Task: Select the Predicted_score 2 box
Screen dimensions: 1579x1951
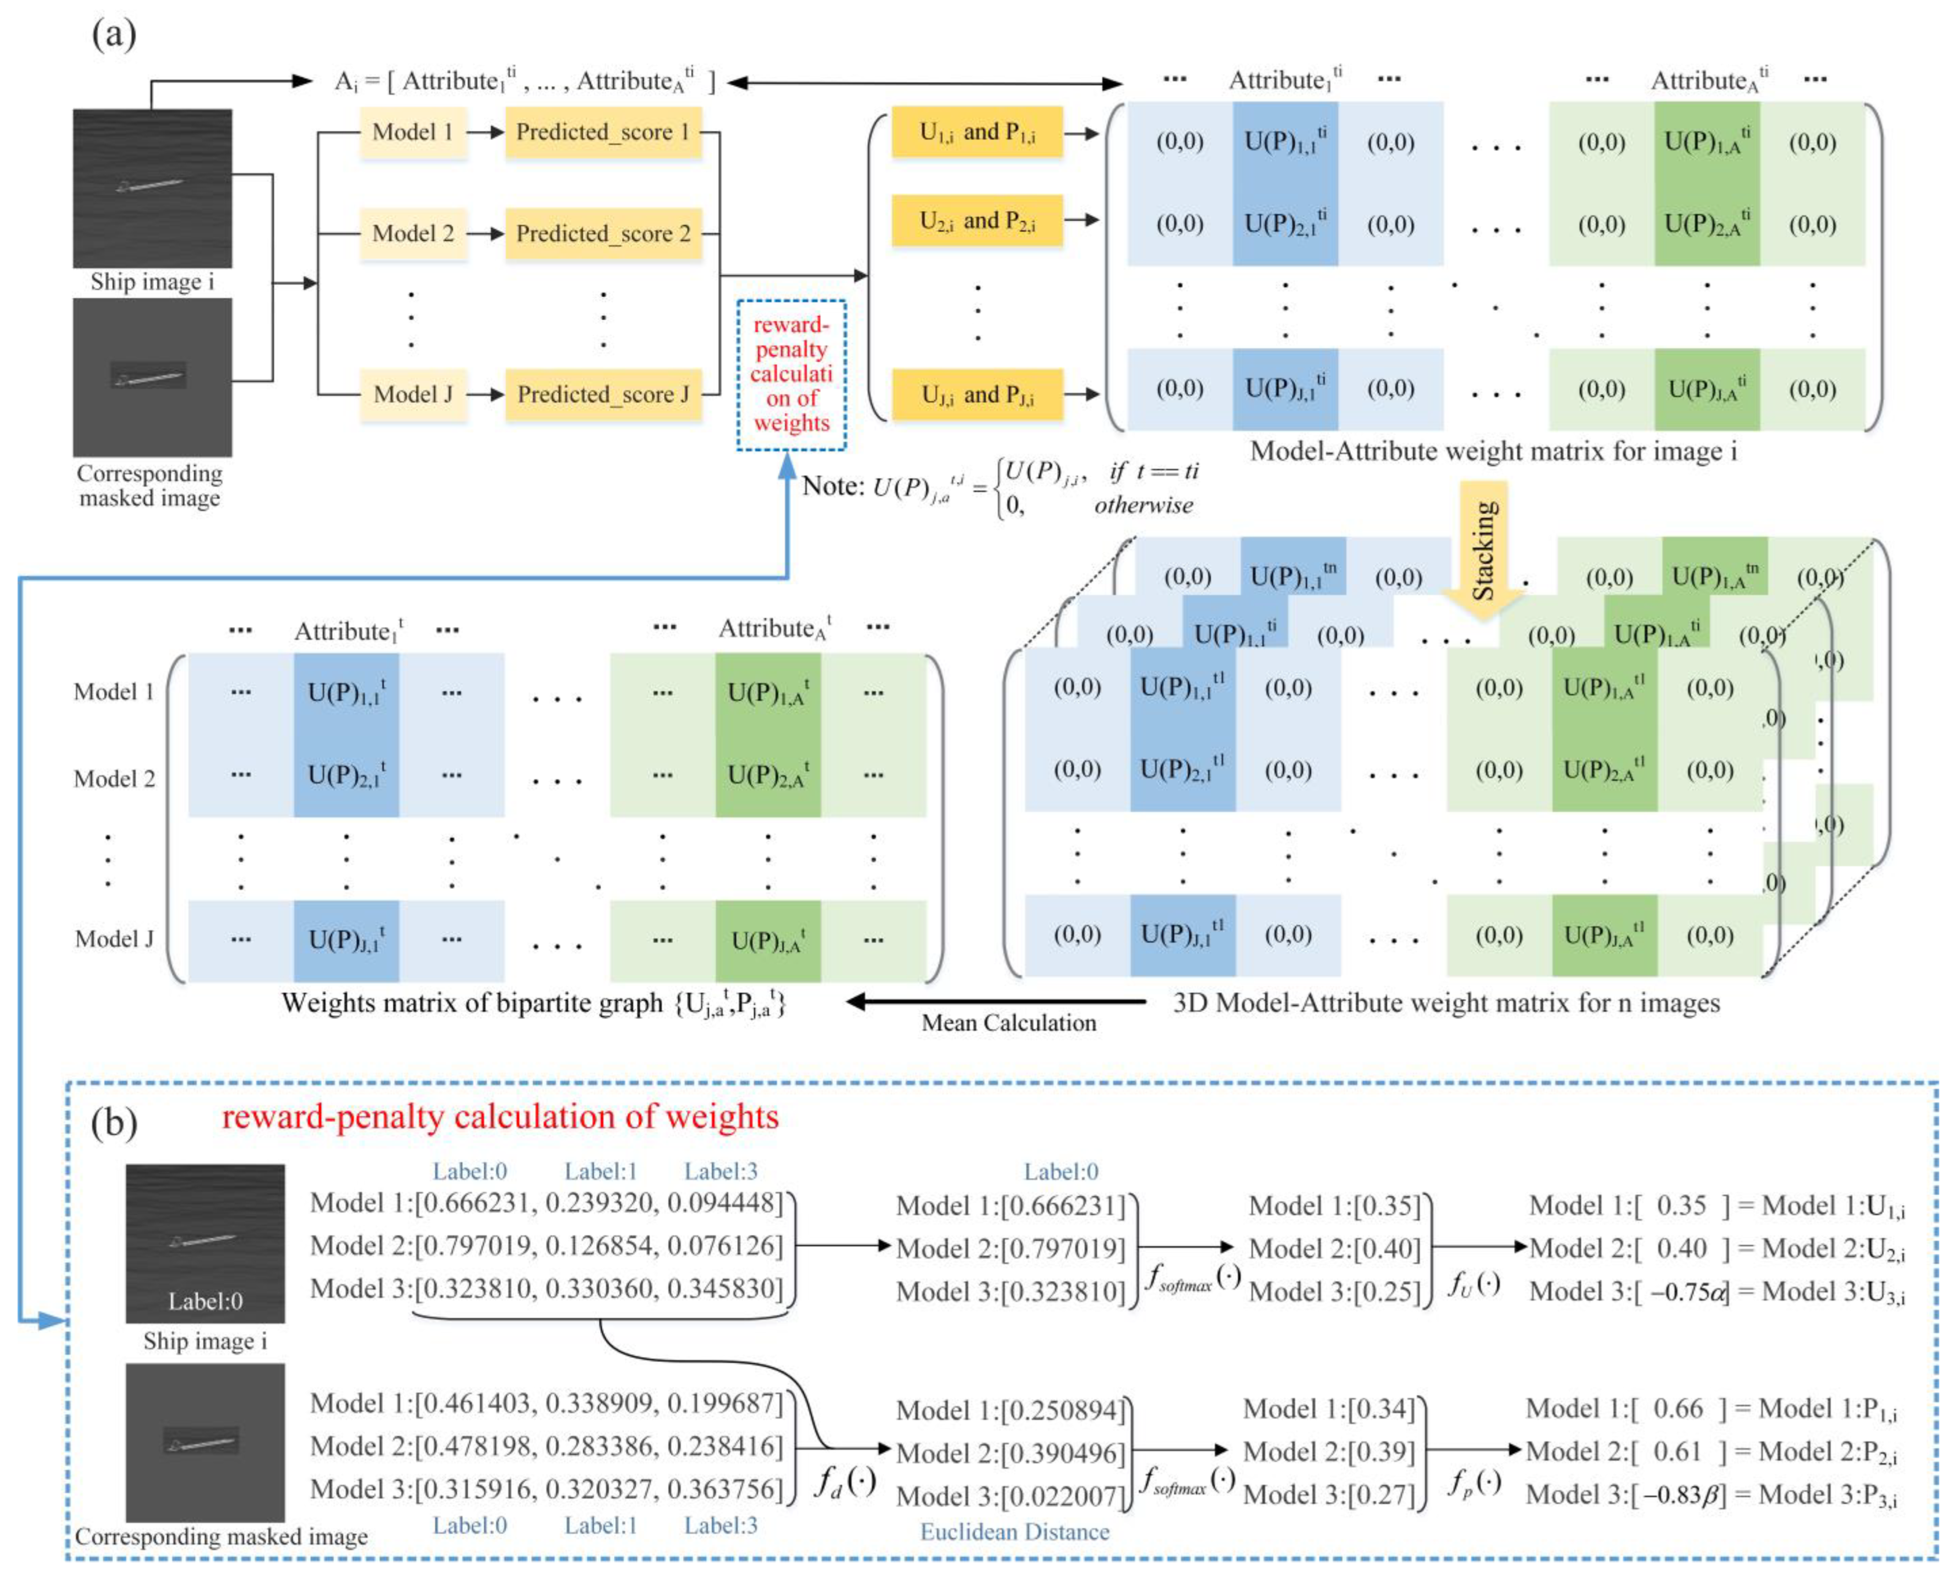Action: click(x=603, y=234)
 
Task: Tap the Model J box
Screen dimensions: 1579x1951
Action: click(x=413, y=394)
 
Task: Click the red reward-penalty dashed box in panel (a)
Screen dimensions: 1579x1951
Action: click(x=791, y=375)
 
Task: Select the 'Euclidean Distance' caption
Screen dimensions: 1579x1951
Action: click(x=1015, y=1532)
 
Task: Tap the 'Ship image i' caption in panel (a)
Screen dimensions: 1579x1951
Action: click(x=152, y=282)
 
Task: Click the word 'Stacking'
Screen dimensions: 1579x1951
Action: click(x=1483, y=550)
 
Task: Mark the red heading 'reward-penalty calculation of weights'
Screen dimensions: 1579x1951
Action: click(x=500, y=1117)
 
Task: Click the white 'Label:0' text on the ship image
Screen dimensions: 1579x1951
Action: click(x=205, y=1300)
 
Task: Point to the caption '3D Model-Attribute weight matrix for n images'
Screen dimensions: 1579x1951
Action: click(x=1446, y=1002)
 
